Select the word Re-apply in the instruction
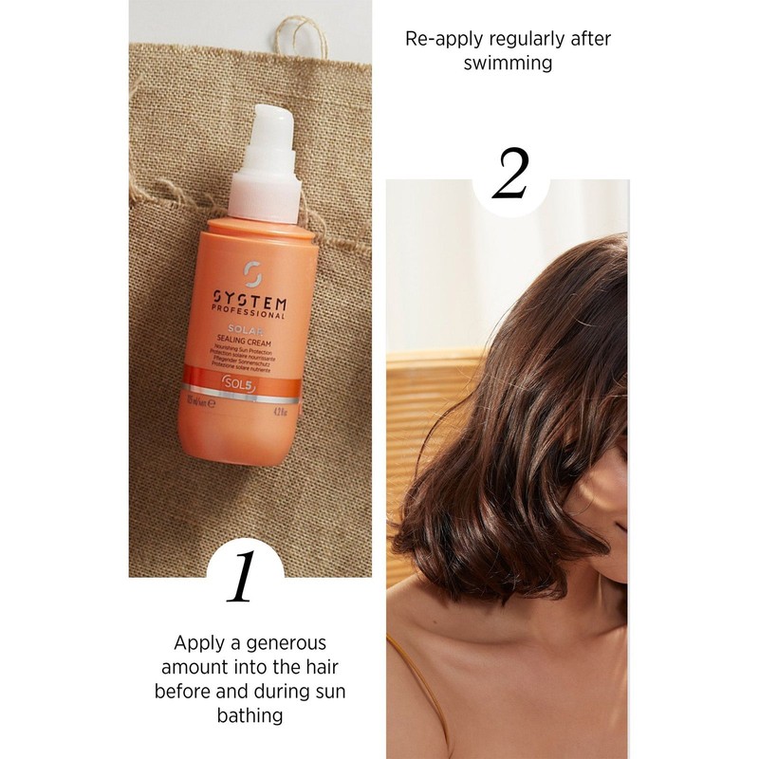click(442, 40)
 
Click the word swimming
click(509, 64)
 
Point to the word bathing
click(250, 715)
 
